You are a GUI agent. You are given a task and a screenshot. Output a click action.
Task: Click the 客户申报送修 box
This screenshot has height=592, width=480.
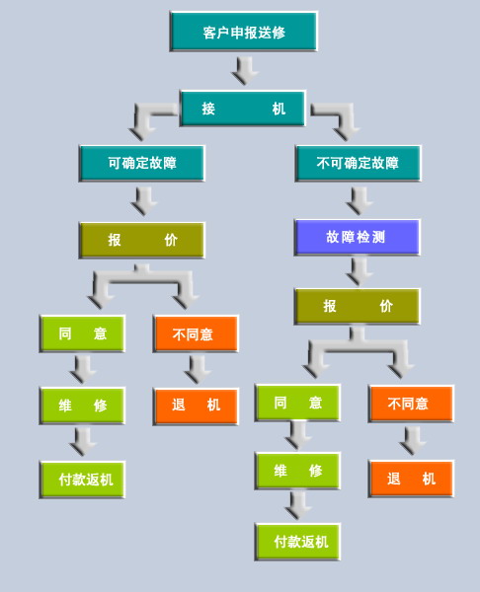(x=244, y=32)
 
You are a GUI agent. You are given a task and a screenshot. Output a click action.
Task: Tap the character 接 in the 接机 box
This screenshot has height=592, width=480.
(x=208, y=109)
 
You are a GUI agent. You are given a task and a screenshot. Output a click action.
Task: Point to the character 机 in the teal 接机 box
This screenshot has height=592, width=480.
(x=279, y=109)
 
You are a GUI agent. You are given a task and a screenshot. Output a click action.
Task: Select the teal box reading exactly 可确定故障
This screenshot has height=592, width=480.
(x=142, y=163)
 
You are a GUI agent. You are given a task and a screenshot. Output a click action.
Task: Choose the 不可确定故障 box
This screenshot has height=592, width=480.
(x=358, y=163)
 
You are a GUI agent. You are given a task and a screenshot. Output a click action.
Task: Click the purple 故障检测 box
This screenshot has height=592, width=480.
(x=357, y=237)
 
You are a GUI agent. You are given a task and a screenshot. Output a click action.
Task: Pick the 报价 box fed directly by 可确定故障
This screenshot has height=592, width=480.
(x=142, y=240)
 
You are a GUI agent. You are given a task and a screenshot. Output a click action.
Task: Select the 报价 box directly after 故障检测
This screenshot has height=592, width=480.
(x=357, y=306)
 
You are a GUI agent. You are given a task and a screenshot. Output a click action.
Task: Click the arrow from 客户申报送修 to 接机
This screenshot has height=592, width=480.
(x=245, y=71)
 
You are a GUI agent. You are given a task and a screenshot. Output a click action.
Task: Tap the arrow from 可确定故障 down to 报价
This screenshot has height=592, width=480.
(x=144, y=201)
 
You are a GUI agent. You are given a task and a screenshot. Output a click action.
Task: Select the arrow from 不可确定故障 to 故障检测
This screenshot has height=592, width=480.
(x=360, y=201)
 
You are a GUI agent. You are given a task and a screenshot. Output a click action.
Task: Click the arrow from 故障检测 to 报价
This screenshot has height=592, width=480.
(x=360, y=271)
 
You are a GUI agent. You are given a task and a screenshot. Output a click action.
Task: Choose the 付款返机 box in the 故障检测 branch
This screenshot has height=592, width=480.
(x=298, y=542)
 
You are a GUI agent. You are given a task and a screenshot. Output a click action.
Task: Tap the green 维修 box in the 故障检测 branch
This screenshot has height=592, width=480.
(x=298, y=471)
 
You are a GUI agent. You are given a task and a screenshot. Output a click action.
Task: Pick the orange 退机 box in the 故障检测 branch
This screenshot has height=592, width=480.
(x=411, y=479)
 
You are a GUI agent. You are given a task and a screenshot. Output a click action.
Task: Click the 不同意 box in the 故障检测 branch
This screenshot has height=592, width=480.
(x=411, y=404)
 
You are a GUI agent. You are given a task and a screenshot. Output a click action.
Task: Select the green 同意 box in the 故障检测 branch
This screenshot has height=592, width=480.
(x=298, y=403)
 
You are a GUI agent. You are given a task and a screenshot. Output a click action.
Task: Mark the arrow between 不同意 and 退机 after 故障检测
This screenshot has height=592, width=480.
(x=413, y=441)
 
